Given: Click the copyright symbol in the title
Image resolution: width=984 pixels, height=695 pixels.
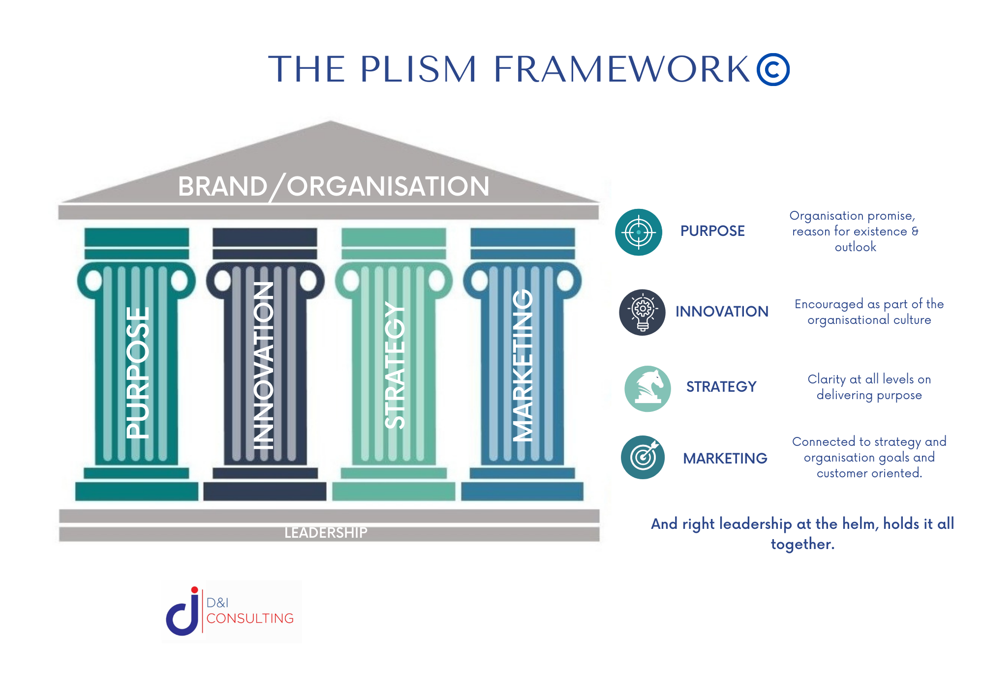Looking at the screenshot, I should [x=773, y=69].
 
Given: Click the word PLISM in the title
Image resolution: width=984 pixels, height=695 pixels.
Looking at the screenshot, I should [x=418, y=69].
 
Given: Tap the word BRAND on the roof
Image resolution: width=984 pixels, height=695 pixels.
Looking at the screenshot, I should [x=222, y=187].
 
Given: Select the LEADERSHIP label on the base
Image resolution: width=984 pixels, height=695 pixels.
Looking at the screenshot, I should [x=326, y=532].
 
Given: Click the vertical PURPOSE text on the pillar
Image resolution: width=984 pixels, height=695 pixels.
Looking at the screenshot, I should [x=137, y=373].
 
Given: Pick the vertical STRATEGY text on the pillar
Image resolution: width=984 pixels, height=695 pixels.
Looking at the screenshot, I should [x=395, y=365].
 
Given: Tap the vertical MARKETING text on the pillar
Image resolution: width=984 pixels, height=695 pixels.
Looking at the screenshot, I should [x=523, y=365].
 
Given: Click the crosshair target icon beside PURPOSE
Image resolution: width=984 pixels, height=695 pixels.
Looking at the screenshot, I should [x=639, y=232].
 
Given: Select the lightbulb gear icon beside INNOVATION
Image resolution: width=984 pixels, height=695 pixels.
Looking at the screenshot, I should [x=642, y=312].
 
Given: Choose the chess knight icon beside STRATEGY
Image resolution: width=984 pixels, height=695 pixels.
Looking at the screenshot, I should [x=647, y=388].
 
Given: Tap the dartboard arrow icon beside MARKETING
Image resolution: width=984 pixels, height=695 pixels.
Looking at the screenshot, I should [x=643, y=457].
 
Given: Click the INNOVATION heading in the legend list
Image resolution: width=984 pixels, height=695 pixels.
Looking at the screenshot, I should [x=722, y=312].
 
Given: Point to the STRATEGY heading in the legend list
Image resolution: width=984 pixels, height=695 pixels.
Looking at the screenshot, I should [x=721, y=387].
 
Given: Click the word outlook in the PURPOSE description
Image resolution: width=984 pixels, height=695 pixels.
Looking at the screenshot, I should [x=855, y=247].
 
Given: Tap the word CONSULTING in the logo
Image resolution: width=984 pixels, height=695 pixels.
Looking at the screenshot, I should [x=250, y=618].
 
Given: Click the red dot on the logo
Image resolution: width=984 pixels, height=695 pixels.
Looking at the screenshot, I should [x=194, y=590].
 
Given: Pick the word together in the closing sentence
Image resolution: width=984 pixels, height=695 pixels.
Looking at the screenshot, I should [x=802, y=544].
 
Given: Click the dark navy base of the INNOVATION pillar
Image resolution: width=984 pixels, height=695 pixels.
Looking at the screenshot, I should [x=265, y=491].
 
